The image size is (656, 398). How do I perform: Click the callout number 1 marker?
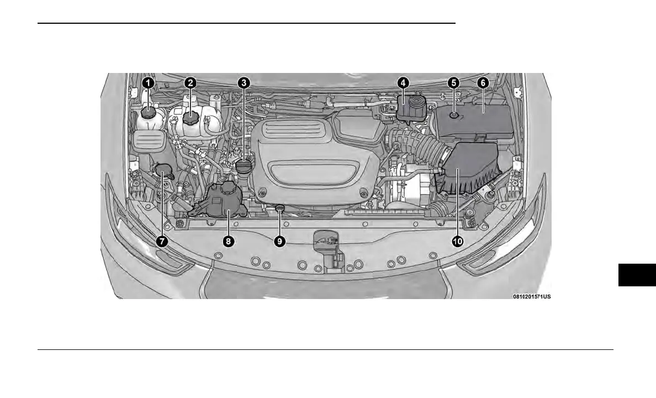click(x=147, y=83)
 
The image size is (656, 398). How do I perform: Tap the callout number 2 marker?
click(x=190, y=83)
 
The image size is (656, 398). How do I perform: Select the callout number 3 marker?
click(x=244, y=83)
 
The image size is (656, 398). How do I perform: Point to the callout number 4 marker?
click(x=403, y=83)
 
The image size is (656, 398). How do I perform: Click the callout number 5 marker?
click(x=453, y=83)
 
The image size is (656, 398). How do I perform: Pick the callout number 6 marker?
click(x=483, y=83)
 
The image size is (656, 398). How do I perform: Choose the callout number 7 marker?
click(x=161, y=241)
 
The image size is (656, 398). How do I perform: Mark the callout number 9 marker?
click(x=280, y=241)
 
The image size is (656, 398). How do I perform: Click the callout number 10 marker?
click(x=458, y=241)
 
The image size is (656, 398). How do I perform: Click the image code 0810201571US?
click(x=532, y=296)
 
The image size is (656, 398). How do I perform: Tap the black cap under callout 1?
click(x=148, y=112)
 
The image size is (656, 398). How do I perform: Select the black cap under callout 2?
click(x=191, y=118)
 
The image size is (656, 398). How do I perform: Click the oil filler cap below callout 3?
click(x=244, y=166)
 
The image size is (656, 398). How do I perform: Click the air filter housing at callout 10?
click(x=469, y=169)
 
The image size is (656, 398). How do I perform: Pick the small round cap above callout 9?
click(x=280, y=208)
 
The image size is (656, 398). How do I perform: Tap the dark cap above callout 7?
click(x=163, y=170)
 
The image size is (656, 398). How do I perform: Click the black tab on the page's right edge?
click(x=637, y=275)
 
